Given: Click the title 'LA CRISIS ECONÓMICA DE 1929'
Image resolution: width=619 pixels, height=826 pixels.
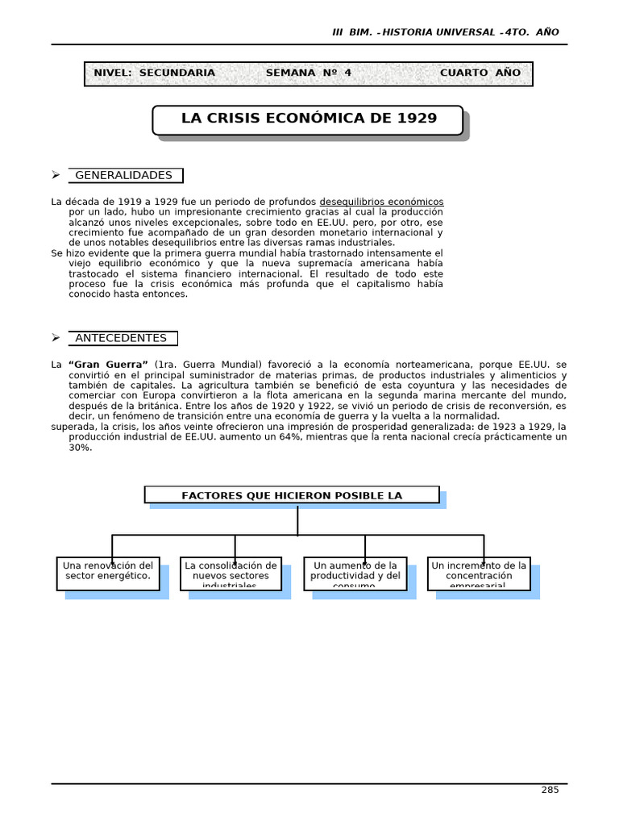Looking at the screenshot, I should click(x=309, y=119).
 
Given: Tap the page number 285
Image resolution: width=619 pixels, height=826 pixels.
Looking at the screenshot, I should click(x=550, y=790).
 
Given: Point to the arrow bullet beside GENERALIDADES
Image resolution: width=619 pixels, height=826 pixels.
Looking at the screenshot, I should click(x=56, y=175).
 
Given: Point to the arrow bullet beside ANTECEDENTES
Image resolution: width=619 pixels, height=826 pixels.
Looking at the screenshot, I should click(x=56, y=338).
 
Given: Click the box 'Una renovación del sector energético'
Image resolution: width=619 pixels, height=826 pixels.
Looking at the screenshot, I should click(x=108, y=573).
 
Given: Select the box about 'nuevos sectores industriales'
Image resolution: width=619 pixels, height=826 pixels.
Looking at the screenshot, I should click(x=231, y=573).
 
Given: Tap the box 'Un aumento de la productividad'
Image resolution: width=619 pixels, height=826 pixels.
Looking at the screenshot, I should click(x=355, y=573).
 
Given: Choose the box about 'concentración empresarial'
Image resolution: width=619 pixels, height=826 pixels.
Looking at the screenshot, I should click(x=479, y=573).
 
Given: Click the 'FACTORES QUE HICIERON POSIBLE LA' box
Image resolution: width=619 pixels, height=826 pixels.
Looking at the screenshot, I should click(x=292, y=495).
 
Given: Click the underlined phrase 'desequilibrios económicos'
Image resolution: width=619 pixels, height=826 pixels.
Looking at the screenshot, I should click(x=381, y=202).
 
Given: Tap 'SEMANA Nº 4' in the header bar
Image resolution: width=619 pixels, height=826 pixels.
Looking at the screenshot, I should click(x=309, y=73).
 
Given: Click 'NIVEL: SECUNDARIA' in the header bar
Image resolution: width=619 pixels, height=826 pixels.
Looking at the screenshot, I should click(x=155, y=73).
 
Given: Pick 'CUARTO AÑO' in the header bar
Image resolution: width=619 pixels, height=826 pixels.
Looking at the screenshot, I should click(x=480, y=73).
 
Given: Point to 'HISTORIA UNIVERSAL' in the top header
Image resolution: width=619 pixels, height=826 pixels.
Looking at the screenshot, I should click(x=438, y=32).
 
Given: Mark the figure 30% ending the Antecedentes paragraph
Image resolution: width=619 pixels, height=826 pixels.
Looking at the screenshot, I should click(x=80, y=447).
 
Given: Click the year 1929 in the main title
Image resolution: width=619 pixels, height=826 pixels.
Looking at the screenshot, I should click(x=417, y=119).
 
